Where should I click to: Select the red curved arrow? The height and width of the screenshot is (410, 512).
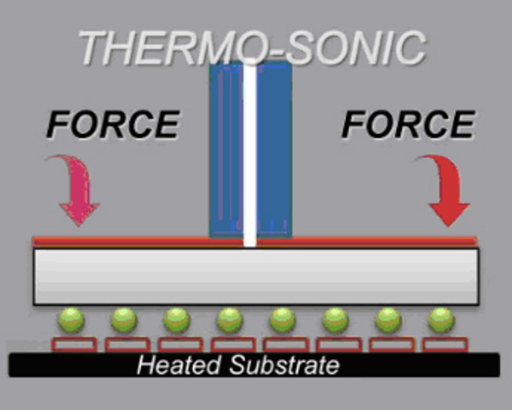446,188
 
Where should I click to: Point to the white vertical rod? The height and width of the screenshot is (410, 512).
250,154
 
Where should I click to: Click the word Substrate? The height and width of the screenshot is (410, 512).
284,365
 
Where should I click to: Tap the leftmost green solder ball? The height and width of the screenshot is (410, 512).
71,320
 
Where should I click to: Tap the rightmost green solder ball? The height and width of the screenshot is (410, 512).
441,320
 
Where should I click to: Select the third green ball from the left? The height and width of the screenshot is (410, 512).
177,320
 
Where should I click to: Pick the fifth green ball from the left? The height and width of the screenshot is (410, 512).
282,320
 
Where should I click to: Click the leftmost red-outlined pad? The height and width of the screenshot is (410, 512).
74,344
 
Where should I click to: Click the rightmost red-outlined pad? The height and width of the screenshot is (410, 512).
445,344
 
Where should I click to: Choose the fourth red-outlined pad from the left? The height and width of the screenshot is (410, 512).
233,344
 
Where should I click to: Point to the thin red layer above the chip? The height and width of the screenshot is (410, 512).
128,242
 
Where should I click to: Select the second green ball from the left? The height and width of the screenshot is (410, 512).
124,320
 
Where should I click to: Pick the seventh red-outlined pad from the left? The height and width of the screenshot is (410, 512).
392,344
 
